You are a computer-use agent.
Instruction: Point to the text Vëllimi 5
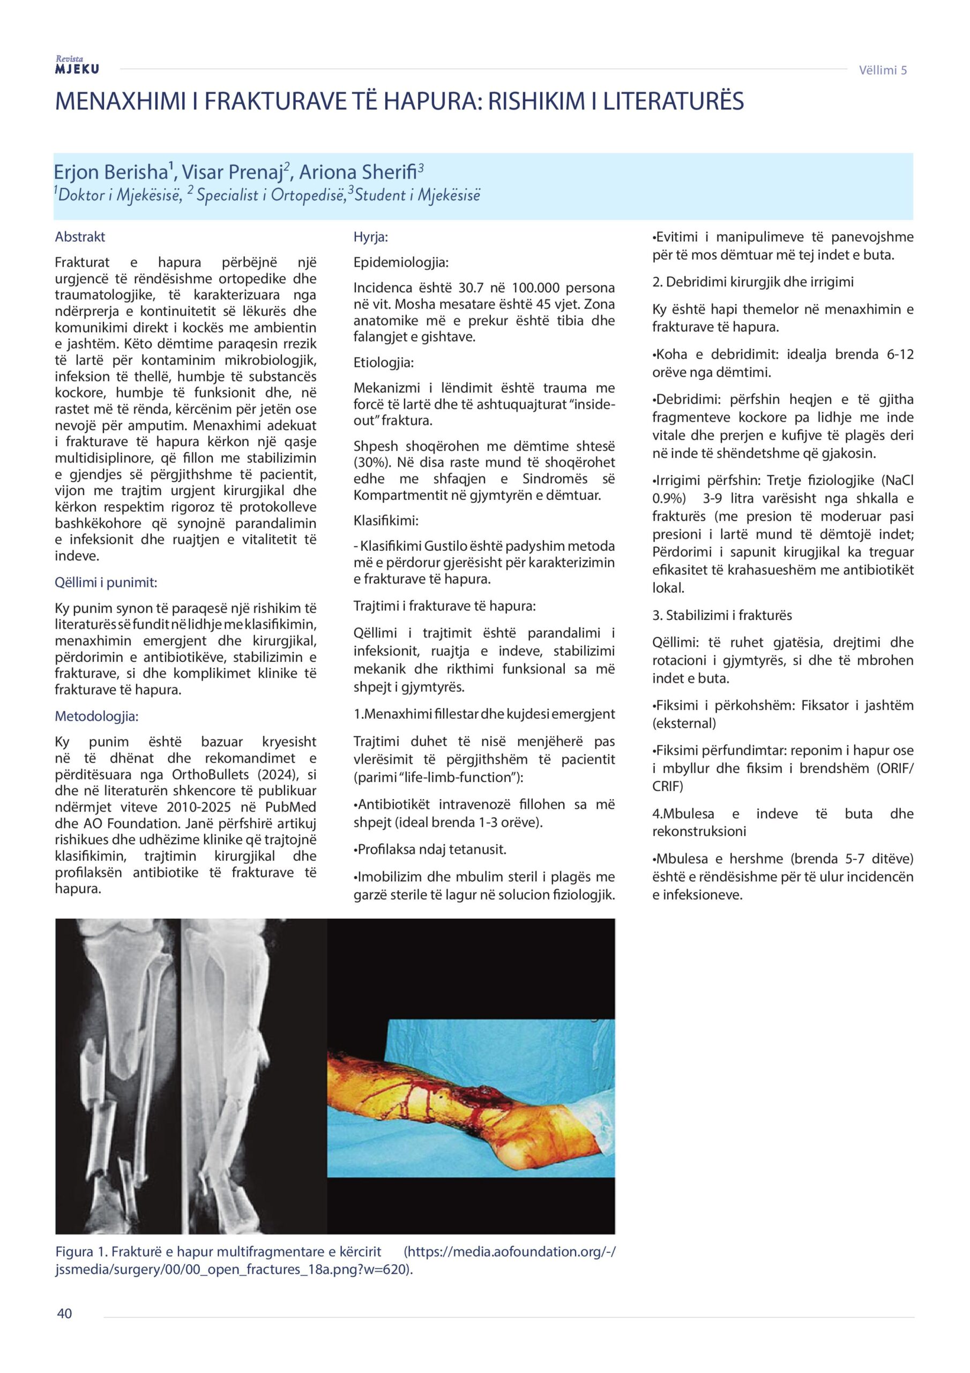pyautogui.click(x=882, y=70)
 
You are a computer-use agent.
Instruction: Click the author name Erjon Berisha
pyautogui.click(x=109, y=172)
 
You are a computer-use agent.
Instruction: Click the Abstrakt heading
pyautogui.click(x=79, y=237)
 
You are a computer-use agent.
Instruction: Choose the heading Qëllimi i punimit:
pyautogui.click(x=106, y=582)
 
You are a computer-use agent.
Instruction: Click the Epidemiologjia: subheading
pyautogui.click(x=400, y=262)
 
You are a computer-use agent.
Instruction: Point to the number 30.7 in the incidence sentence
pyautogui.click(x=471, y=287)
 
